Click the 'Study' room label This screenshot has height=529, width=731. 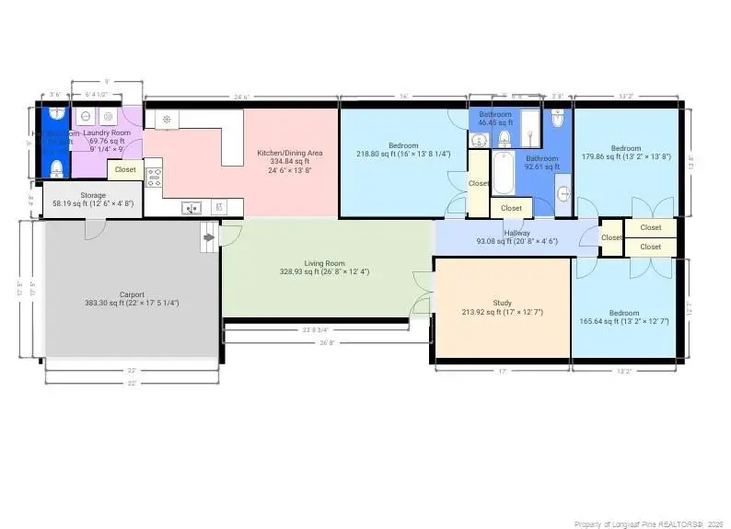(x=502, y=303)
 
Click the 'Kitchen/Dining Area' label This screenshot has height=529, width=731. (x=289, y=152)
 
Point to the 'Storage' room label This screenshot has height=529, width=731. (x=92, y=195)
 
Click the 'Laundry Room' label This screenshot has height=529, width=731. (x=107, y=133)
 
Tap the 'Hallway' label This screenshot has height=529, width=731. (x=516, y=232)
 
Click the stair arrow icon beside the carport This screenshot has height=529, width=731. (x=209, y=237)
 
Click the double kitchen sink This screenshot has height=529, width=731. (x=192, y=208)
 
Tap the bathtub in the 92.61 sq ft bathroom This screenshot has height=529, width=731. (x=503, y=173)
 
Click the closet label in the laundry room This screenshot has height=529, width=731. (x=125, y=169)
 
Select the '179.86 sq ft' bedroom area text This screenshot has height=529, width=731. (x=626, y=157)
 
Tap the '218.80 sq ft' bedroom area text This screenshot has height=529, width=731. (x=403, y=155)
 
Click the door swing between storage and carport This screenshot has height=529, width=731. (x=95, y=229)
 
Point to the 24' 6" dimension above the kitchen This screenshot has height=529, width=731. (x=241, y=97)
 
